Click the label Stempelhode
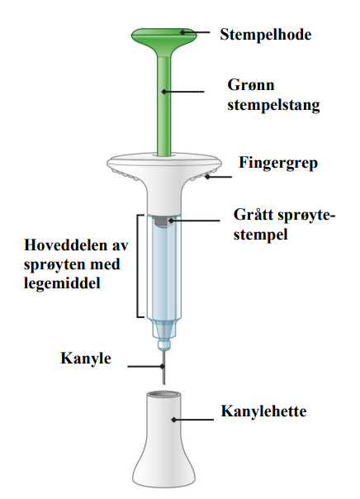tap(266, 35)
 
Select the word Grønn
tap(251, 85)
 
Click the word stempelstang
tap(273, 105)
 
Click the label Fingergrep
tap(278, 163)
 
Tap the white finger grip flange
tap(164, 169)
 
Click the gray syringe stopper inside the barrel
tap(163, 221)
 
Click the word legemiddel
tap(62, 283)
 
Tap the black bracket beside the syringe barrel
tap(139, 266)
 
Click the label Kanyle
tap(86, 359)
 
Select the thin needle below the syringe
tap(163, 367)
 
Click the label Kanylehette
tap(264, 411)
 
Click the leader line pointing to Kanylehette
tap(192, 420)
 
